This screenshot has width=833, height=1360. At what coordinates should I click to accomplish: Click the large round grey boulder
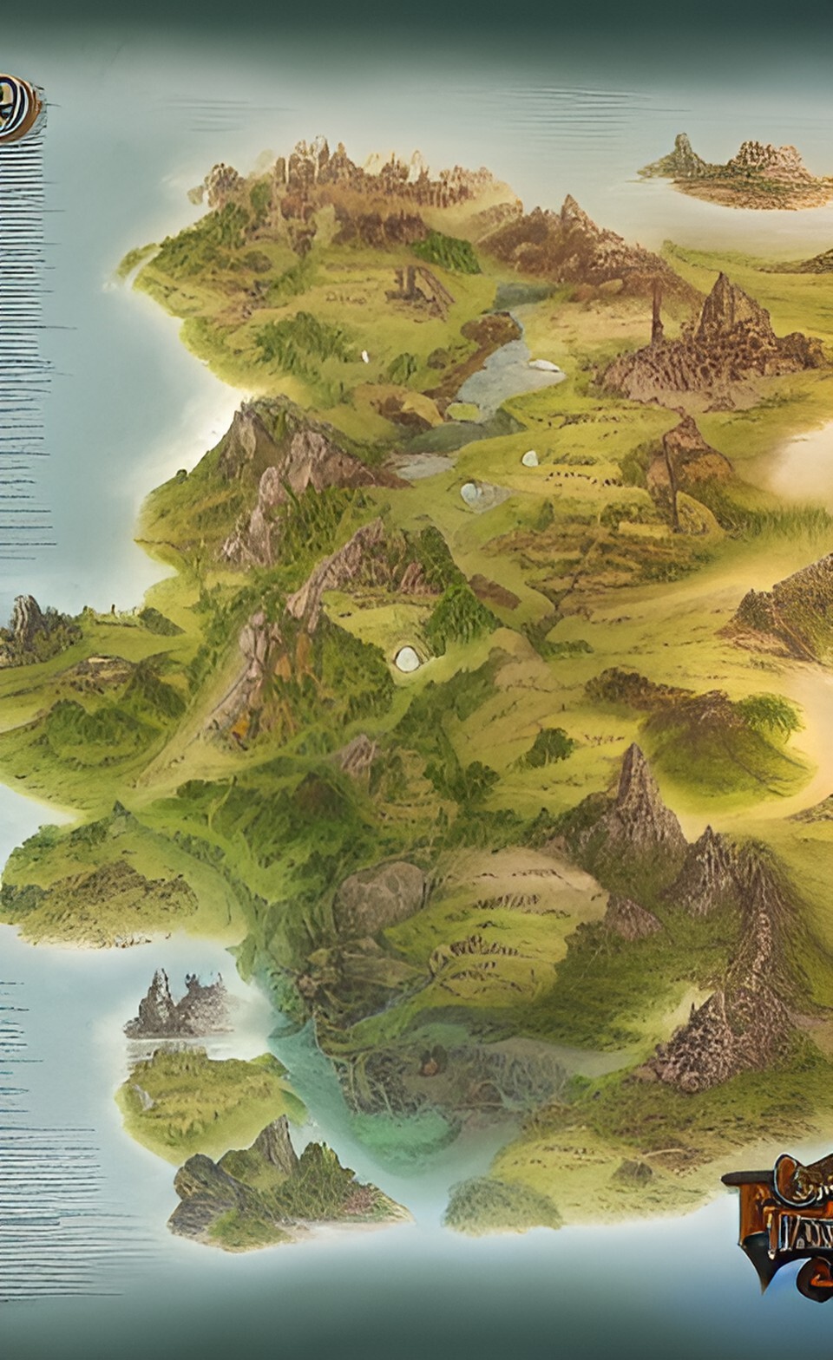click(x=379, y=898)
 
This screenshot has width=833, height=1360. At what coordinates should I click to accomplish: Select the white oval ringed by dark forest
click(x=406, y=658)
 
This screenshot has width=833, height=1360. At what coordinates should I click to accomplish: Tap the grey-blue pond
click(x=503, y=373)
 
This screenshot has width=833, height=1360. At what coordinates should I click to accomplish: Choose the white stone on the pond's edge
click(x=545, y=365)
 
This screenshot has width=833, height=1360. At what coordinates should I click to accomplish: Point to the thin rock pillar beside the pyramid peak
click(x=657, y=312)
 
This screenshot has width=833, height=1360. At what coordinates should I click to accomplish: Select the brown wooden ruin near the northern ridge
click(x=421, y=286)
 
